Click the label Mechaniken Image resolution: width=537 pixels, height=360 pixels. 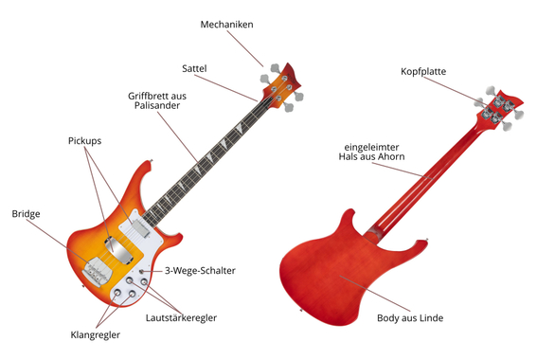[226, 25]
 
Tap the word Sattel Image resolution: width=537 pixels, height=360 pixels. [194, 68]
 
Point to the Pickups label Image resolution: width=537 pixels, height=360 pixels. [84, 140]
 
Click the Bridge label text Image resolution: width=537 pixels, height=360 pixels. [26, 214]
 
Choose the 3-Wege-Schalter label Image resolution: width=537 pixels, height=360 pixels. [200, 271]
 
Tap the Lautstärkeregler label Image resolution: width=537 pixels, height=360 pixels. [181, 317]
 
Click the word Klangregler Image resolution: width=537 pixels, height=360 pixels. [96, 334]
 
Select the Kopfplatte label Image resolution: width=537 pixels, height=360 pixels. [423, 71]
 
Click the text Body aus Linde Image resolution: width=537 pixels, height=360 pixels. [409, 317]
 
